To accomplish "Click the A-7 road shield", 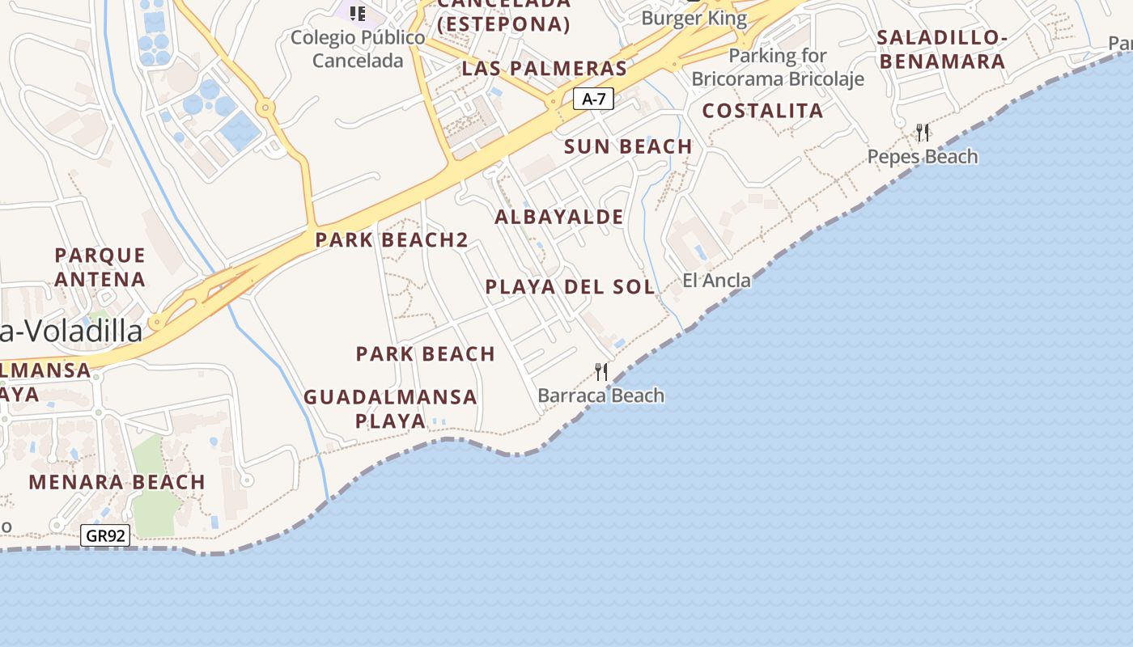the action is [x=593, y=99].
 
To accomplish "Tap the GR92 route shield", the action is [x=106, y=535].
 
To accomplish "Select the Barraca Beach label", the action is [x=600, y=395].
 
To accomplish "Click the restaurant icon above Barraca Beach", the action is [x=601, y=372].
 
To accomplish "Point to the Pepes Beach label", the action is [x=923, y=156].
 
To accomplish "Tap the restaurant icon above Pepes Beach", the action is [x=922, y=132].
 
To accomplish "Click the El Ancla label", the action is [x=716, y=280].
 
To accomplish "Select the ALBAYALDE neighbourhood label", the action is [x=559, y=217].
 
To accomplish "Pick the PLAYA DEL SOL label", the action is [x=570, y=286].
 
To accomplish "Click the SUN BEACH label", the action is [x=628, y=146].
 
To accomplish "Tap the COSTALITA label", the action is [x=762, y=111].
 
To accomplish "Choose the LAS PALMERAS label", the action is [x=544, y=68].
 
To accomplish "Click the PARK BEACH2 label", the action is [x=392, y=239].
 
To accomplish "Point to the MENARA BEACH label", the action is [x=117, y=482].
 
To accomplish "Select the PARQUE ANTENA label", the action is [x=100, y=268].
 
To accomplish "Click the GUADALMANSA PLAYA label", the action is [x=390, y=408].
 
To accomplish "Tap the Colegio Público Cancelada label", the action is [x=358, y=49].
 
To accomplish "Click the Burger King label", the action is [x=694, y=18].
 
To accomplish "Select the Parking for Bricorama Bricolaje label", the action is [x=778, y=67].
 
